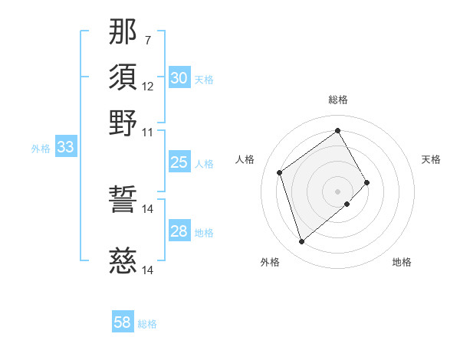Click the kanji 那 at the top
tap(123, 31)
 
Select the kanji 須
tap(123, 77)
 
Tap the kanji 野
tap(123, 123)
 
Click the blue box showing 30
tap(179, 78)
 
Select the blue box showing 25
tap(179, 162)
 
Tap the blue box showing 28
tap(179, 231)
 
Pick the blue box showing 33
tap(65, 148)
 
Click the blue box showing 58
tap(123, 323)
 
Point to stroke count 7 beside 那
tap(147, 39)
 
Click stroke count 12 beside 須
tap(148, 86)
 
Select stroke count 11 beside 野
tap(148, 132)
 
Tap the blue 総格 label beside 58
tap(147, 324)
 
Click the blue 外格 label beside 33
tap(41, 149)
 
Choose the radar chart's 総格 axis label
tap(338, 100)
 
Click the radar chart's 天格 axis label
tap(431, 159)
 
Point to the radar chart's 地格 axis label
tap(402, 262)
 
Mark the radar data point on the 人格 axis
tap(280, 172)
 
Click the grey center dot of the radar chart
tap(338, 190)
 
